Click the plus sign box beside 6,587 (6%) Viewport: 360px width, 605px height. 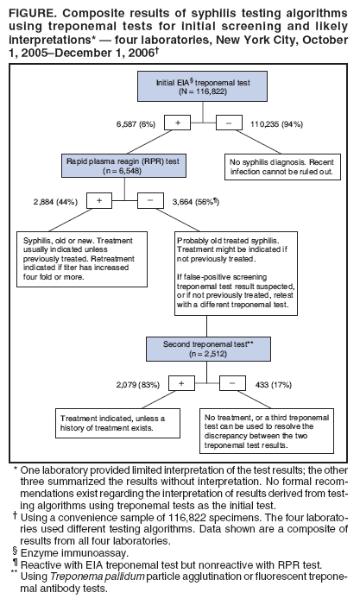pos(177,123)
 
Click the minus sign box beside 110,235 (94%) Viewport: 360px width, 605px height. pos(227,123)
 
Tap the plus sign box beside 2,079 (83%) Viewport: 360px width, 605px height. pos(181,382)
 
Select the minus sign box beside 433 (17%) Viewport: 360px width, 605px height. pos(232,382)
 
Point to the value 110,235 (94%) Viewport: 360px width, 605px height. pos(279,123)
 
